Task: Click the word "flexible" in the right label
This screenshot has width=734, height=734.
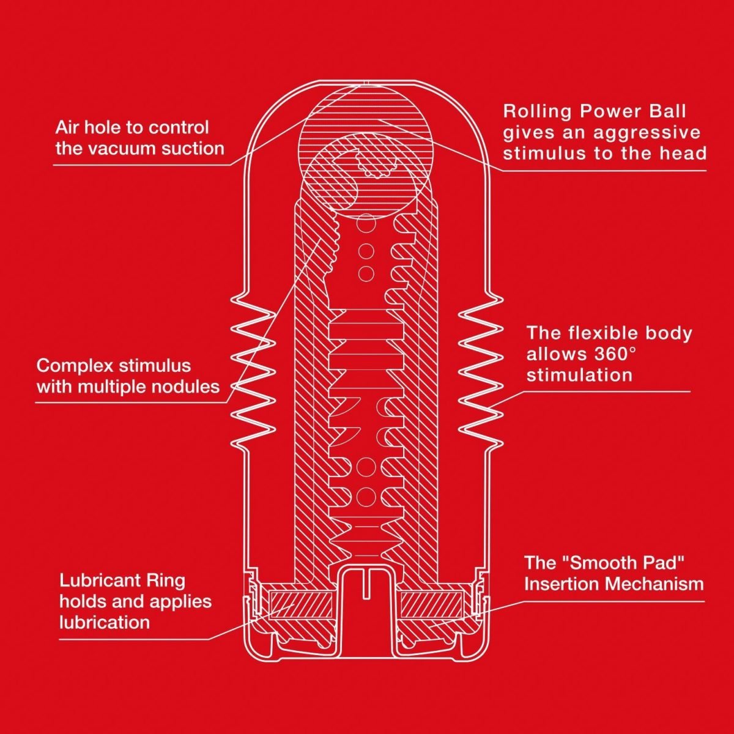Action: tap(604, 333)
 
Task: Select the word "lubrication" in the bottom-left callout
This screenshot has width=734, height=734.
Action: tap(105, 623)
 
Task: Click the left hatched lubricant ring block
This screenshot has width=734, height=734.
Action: tap(300, 604)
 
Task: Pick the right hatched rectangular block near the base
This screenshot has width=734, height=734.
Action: tap(432, 604)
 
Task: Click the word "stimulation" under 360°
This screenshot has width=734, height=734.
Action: tap(579, 375)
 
